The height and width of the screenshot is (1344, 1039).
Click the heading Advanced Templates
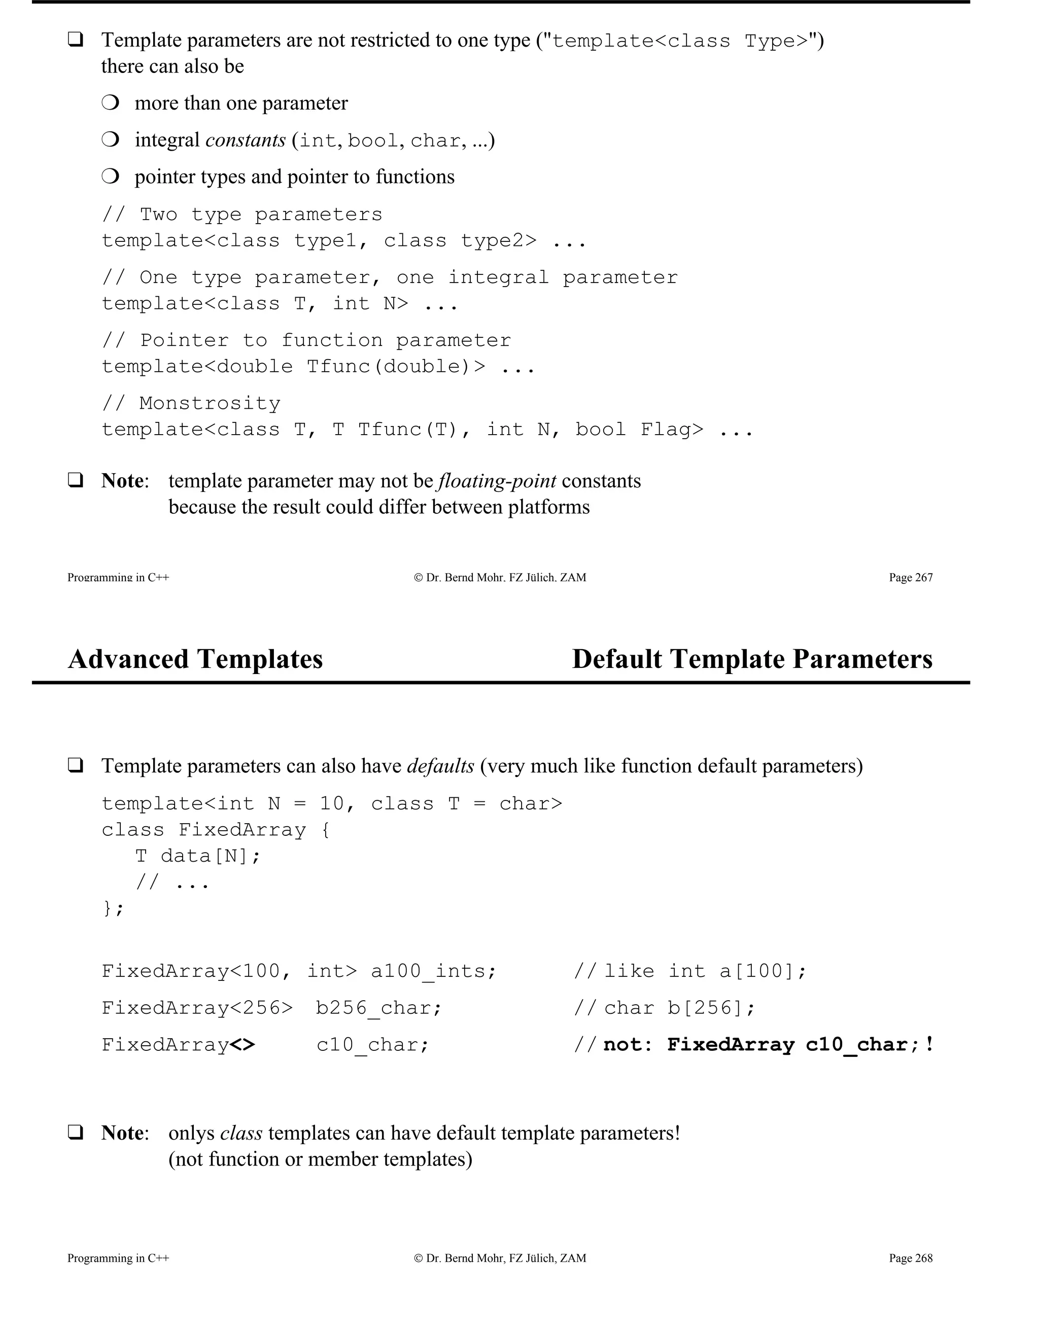[195, 659]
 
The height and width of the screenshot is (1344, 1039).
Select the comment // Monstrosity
[191, 403]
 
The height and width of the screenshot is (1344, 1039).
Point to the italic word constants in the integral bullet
[245, 140]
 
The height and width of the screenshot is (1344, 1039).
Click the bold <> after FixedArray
[243, 1045]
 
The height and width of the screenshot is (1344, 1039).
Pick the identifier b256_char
[378, 1008]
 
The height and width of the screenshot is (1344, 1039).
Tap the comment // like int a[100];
[690, 971]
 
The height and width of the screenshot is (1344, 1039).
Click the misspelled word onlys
[191, 1133]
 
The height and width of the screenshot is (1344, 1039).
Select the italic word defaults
[441, 766]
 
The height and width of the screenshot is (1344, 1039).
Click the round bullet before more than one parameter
[110, 103]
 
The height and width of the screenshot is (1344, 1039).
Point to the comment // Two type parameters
[242, 214]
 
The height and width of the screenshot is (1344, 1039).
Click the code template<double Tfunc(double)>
[293, 367]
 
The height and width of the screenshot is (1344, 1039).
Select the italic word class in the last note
[241, 1133]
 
